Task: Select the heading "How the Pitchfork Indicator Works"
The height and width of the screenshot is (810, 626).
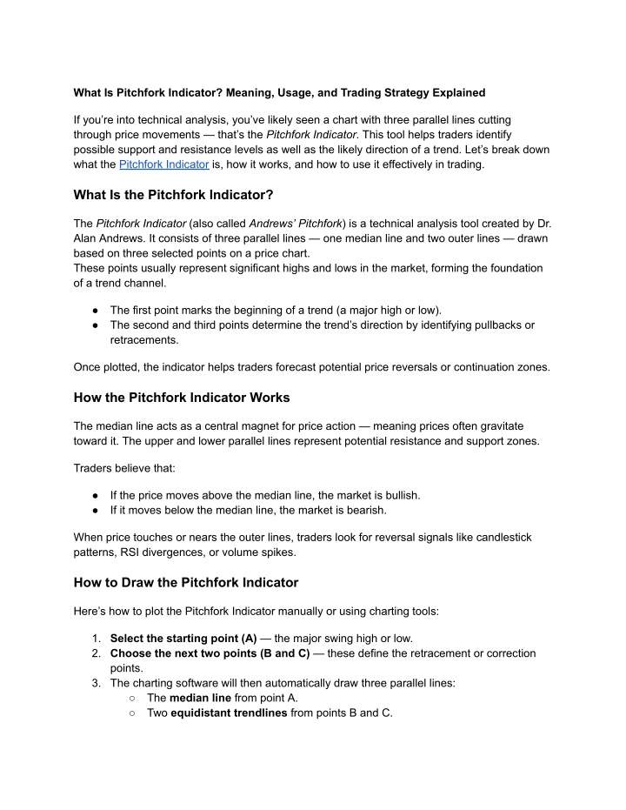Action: click(182, 397)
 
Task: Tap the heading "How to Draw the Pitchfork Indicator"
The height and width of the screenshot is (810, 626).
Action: click(186, 582)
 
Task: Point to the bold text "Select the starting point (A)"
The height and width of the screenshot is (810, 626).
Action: click(183, 638)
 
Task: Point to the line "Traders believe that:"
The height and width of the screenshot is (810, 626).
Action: click(124, 467)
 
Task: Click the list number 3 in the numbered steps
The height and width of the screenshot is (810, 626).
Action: click(96, 683)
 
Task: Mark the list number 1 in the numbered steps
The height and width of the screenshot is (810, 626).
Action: click(96, 638)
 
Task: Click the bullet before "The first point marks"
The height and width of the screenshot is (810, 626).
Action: click(92, 310)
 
